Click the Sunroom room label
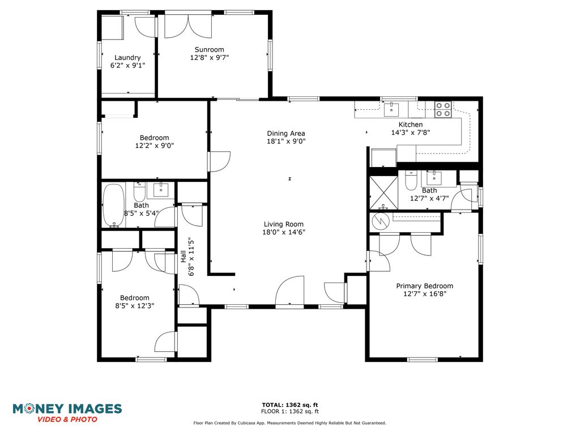[210, 50]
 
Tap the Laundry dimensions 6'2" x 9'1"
[127, 66]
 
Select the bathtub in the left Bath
[113, 205]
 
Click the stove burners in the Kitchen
[443, 109]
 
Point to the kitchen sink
[391, 110]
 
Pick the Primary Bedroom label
[425, 286]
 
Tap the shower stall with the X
[383, 193]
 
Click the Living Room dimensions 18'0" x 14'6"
[284, 232]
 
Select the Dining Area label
[286, 133]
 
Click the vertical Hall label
[183, 257]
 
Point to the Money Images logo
[67, 413]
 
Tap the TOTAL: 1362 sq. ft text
[290, 405]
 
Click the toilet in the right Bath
[411, 180]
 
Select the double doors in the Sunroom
[188, 26]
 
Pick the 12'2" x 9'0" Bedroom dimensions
[154, 146]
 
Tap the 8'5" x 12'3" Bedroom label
[135, 298]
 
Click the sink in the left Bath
[160, 190]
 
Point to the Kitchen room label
[411, 125]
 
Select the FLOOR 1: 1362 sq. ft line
[290, 411]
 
